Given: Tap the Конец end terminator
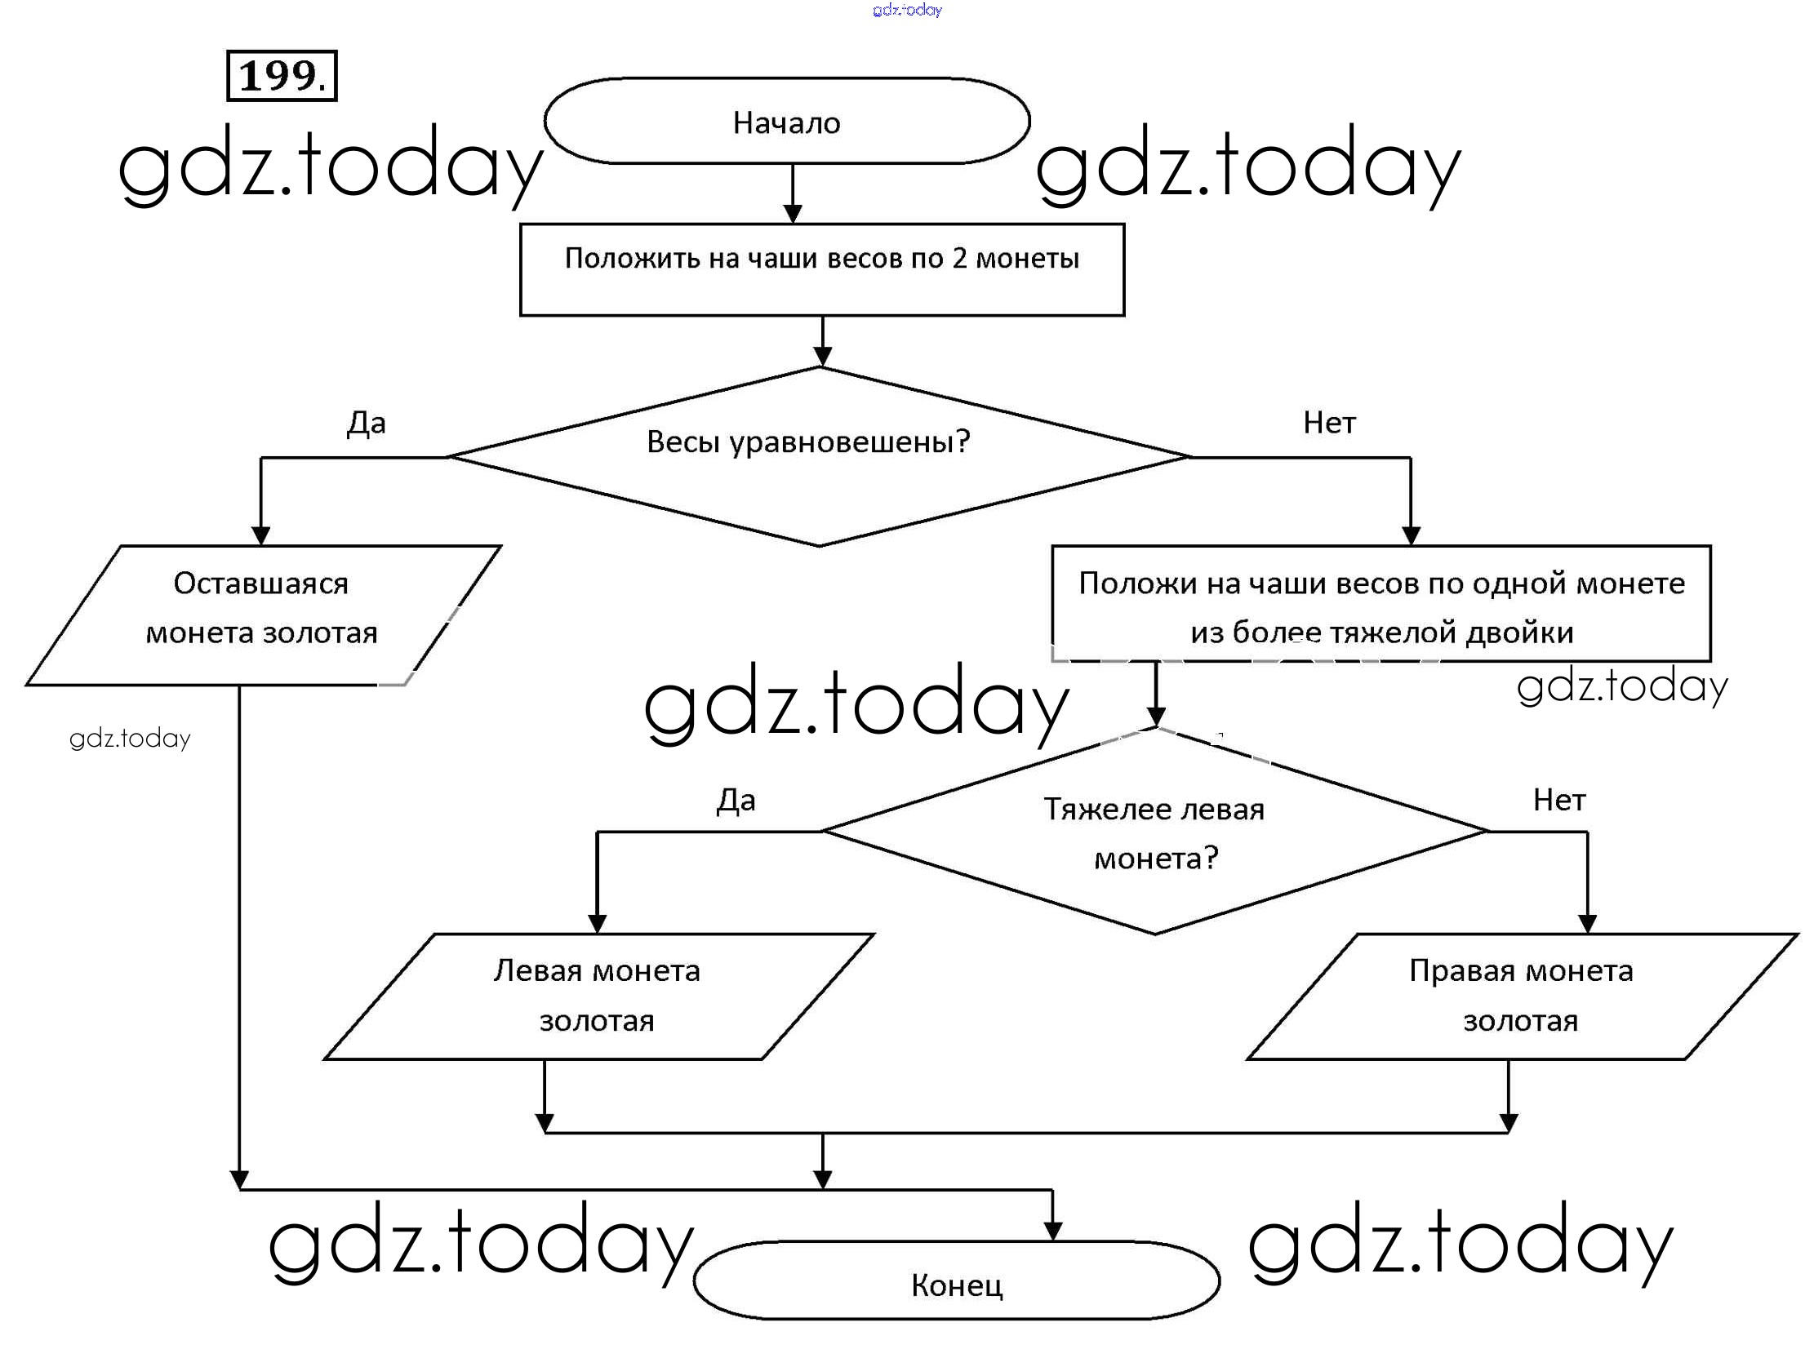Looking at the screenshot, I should [956, 1285].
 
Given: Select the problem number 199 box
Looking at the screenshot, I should [282, 75].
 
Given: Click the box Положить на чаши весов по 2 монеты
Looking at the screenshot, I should [822, 270].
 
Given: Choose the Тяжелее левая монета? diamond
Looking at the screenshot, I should [1154, 832].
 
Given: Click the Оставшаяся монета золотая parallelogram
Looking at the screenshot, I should [262, 615].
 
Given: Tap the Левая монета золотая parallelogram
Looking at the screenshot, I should [598, 996].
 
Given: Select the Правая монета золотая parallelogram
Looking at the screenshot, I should [1521, 996].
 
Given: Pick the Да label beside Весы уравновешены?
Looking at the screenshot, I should [366, 423].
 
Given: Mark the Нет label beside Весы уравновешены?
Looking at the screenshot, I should [1329, 423].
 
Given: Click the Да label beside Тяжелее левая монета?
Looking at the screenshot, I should [736, 801].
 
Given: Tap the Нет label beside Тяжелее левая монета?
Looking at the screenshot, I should [1559, 801].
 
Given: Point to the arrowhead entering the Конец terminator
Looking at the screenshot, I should [1053, 1231].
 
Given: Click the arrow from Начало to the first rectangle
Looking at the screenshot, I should [792, 193].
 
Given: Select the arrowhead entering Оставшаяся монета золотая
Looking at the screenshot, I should [260, 535].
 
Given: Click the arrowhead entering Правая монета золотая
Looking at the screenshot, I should [1587, 923].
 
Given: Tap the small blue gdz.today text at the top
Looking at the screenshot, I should [907, 10].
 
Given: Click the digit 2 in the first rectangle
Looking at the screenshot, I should [958, 260].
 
